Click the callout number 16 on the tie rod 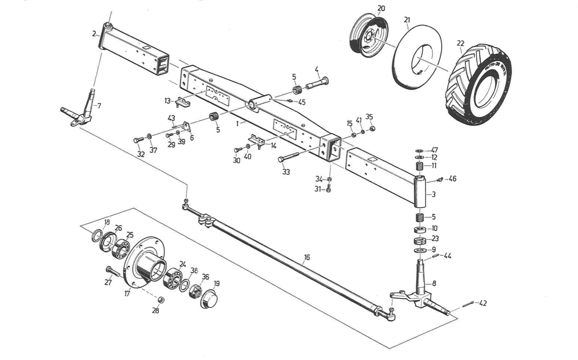(307, 257)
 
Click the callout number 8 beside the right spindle (434, 284)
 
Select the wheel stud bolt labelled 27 (112, 272)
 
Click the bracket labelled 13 (183, 102)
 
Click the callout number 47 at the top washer (434, 150)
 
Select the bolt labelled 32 (138, 140)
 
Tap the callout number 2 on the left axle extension (94, 34)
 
